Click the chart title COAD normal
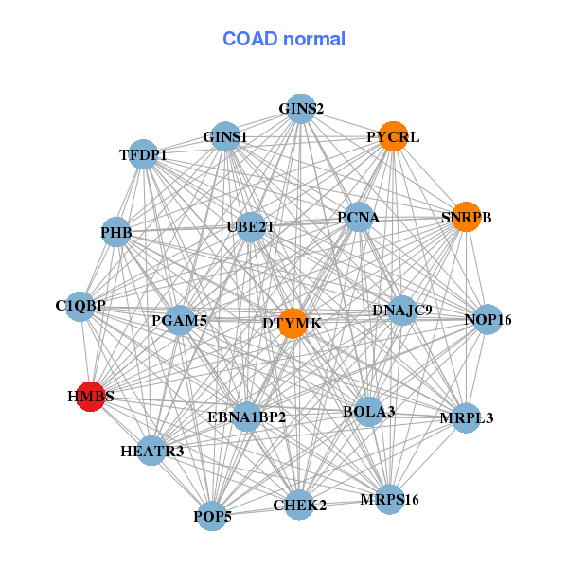coord(284,39)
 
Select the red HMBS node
coord(90,398)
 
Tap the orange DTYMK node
coord(293,323)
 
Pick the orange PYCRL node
coord(393,136)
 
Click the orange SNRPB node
coord(466,217)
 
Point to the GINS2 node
coord(300,108)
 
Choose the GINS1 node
coord(225,137)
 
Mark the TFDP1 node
coord(144,154)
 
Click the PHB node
coord(115,232)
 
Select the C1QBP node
coord(80,306)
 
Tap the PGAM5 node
coord(179,322)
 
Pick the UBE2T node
coord(250,227)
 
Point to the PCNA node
coord(358,218)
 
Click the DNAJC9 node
coord(402,311)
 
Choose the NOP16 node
coord(487,320)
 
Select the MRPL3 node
coord(466,417)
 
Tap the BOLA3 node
coord(369,411)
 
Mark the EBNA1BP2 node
coord(246,417)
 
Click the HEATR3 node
coord(152,451)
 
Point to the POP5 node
coord(213,516)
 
